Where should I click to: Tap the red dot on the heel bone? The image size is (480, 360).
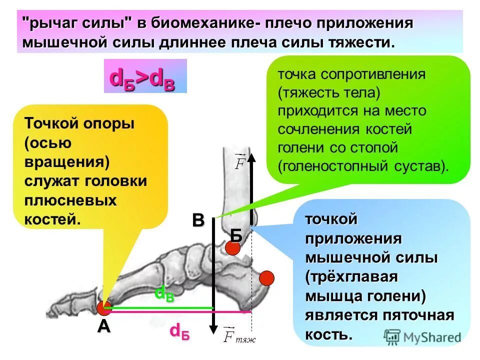[x=267, y=278]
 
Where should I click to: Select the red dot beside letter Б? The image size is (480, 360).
[x=233, y=247]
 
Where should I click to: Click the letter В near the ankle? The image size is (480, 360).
[x=198, y=220]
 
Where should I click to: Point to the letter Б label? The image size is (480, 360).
[x=236, y=234]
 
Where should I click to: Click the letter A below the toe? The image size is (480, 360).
[x=103, y=326]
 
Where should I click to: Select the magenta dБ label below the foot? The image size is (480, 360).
[x=179, y=330]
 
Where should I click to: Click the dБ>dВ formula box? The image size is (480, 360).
[x=145, y=76]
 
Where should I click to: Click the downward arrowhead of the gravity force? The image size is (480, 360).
[x=213, y=330]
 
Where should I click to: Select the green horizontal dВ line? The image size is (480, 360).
[x=160, y=307]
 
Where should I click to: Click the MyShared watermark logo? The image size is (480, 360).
[x=422, y=337]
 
